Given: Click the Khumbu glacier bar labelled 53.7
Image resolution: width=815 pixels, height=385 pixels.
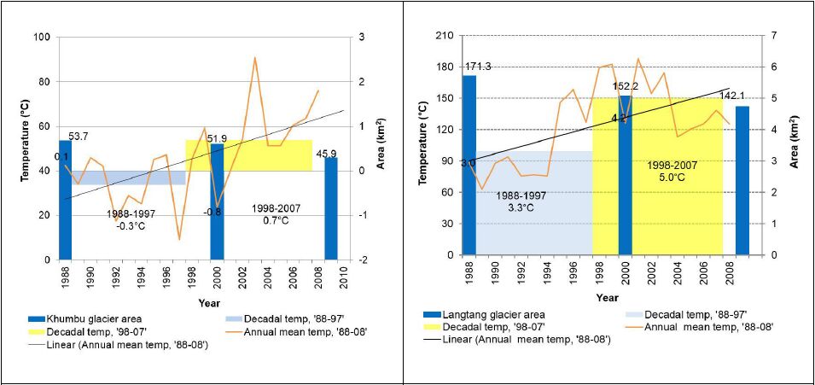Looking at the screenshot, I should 65,200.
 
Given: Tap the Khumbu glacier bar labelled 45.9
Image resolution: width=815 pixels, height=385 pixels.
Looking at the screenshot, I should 330,208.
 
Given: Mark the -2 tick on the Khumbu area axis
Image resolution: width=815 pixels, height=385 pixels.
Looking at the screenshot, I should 365,260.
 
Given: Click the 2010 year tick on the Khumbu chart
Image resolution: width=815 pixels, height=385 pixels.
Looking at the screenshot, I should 343,275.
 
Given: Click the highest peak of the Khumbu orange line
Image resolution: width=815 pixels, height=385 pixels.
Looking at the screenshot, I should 254,58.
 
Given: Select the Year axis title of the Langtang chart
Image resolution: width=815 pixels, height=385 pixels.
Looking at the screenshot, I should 607,297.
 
